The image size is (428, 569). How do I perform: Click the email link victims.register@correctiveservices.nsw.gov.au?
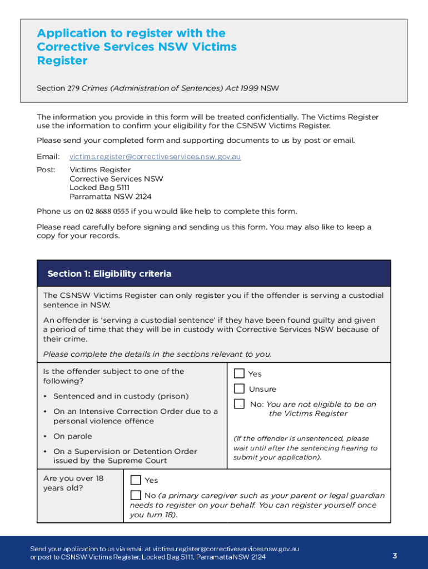click(x=155, y=157)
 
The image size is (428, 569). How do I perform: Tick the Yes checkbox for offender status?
click(x=239, y=373)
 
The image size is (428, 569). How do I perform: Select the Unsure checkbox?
click(x=239, y=388)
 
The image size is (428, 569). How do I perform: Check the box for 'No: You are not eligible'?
click(x=239, y=404)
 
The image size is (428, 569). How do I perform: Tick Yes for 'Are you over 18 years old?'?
click(x=136, y=480)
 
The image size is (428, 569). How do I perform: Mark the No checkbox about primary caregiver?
click(x=136, y=495)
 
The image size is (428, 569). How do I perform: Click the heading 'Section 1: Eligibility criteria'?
click(x=110, y=273)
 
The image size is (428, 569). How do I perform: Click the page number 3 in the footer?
click(x=394, y=556)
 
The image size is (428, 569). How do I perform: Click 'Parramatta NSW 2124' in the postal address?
click(x=110, y=197)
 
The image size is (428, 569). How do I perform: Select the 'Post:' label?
click(x=46, y=170)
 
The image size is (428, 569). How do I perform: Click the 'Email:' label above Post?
click(x=47, y=157)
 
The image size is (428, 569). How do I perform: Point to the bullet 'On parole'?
click(x=72, y=436)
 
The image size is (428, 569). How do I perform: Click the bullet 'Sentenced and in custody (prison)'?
click(x=121, y=396)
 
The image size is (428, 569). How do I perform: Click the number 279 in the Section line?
click(x=73, y=88)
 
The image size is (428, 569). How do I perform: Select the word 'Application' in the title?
click(x=71, y=33)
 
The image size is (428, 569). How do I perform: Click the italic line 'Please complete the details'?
click(x=157, y=354)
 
